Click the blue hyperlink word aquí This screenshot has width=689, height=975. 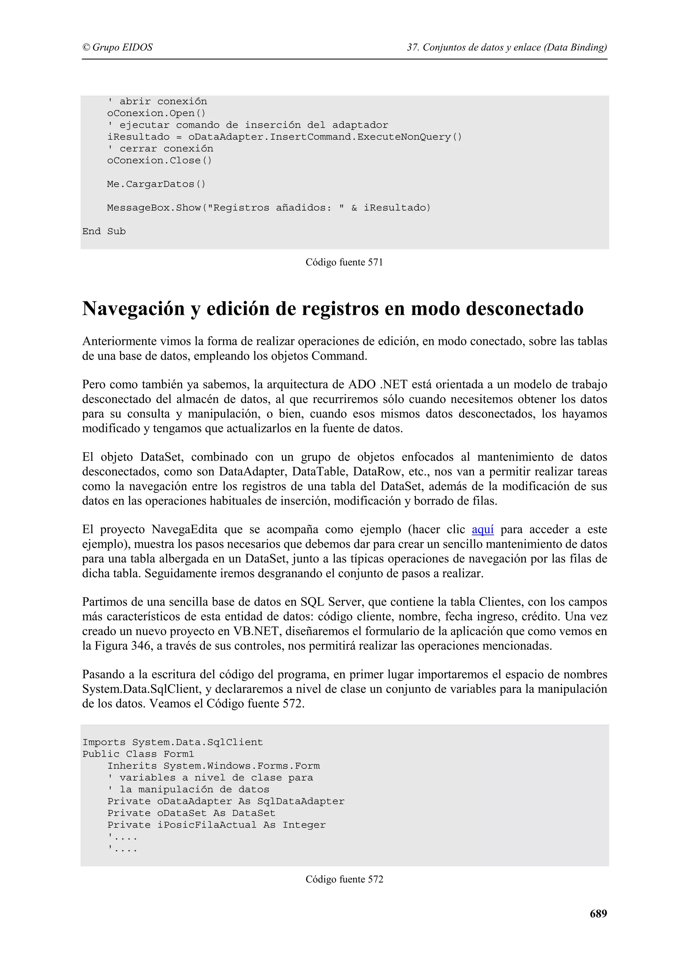point(483,530)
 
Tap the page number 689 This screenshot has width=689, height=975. point(598,913)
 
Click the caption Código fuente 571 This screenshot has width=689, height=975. point(344,262)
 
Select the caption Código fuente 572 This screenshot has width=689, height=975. point(344,879)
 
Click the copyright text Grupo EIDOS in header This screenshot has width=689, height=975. point(118,47)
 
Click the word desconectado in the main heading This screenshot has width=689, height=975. point(525,309)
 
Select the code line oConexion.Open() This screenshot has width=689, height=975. point(156,113)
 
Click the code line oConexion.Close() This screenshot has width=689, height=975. point(159,160)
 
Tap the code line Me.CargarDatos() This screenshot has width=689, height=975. point(156,184)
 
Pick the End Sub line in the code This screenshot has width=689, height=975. point(104,231)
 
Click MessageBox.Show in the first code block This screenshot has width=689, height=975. point(154,208)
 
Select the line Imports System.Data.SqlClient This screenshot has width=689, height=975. point(172,754)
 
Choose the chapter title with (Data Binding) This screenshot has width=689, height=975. point(507,47)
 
